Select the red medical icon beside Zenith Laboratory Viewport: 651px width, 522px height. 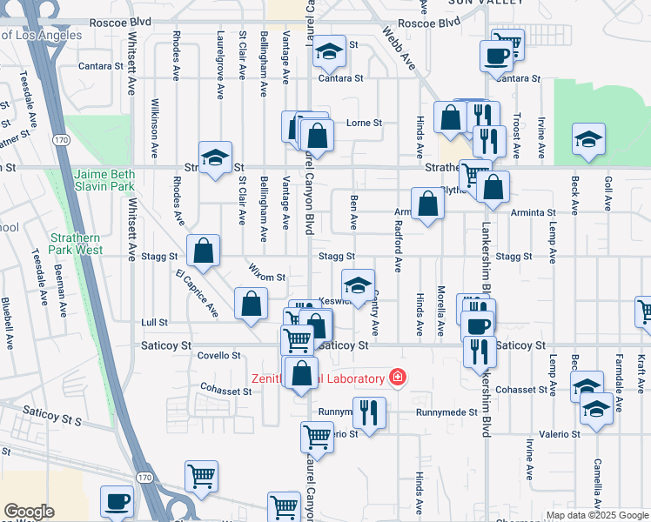pos(397,378)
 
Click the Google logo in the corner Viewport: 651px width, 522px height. pos(29,512)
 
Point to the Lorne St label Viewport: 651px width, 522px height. pos(365,124)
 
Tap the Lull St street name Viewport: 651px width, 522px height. pos(154,322)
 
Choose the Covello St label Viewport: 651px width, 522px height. pos(218,355)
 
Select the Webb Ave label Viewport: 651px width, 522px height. pos(401,53)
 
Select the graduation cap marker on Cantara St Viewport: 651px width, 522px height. pos(328,53)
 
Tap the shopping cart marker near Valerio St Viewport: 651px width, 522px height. pos(316,438)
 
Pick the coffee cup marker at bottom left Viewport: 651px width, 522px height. pos(117,502)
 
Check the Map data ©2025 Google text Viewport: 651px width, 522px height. pos(597,515)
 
